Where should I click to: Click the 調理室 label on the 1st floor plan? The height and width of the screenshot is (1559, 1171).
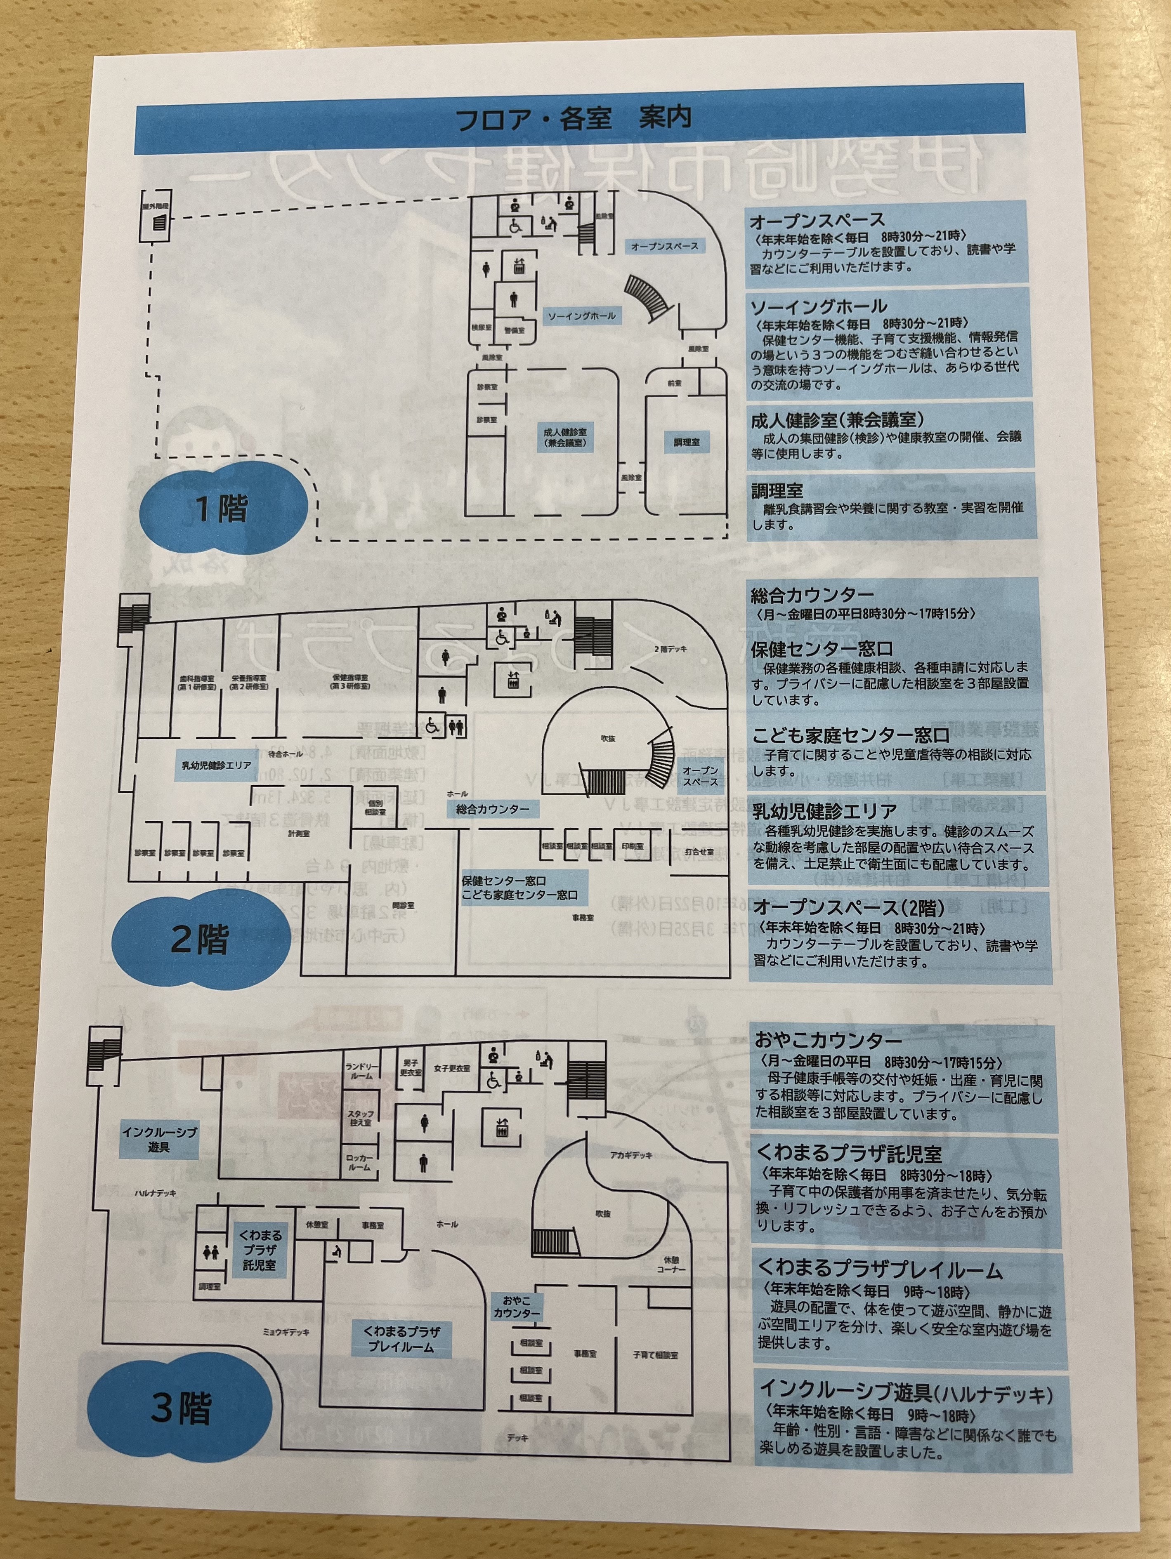tap(686, 442)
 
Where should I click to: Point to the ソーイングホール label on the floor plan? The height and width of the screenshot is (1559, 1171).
tap(582, 316)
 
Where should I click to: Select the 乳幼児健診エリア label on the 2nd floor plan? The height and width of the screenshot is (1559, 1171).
tap(217, 765)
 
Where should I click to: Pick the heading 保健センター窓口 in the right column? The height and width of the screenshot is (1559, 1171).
tap(822, 649)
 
